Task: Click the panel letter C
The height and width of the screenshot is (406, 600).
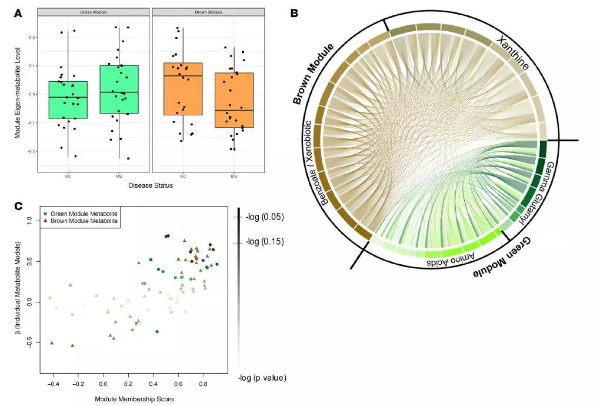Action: coord(19,206)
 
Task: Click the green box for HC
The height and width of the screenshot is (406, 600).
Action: coord(68,100)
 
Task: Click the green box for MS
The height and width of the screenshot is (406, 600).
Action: coord(119,89)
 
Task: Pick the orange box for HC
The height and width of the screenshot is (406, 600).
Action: coord(182,89)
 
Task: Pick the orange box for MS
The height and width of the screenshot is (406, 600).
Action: coord(234,100)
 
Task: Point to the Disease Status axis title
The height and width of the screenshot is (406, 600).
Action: coord(151,187)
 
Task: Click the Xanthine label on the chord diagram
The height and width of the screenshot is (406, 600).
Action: coord(512,53)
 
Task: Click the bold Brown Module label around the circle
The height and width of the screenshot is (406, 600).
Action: coord(314,74)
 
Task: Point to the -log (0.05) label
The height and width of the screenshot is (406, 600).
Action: coord(265,217)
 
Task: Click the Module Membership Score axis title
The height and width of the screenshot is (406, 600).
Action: coord(134,399)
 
